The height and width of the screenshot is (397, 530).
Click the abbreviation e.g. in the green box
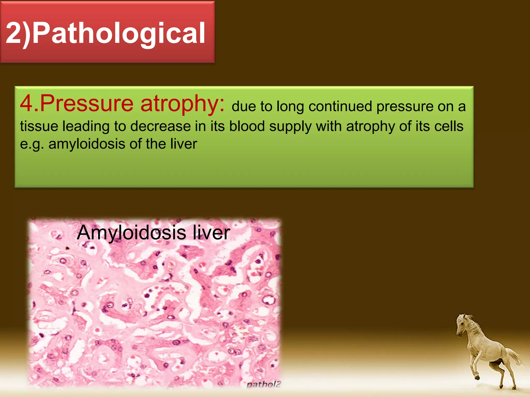[x=31, y=144]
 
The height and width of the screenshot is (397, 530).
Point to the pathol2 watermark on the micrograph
[x=263, y=385]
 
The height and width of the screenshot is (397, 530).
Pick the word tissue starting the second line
[x=39, y=126]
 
